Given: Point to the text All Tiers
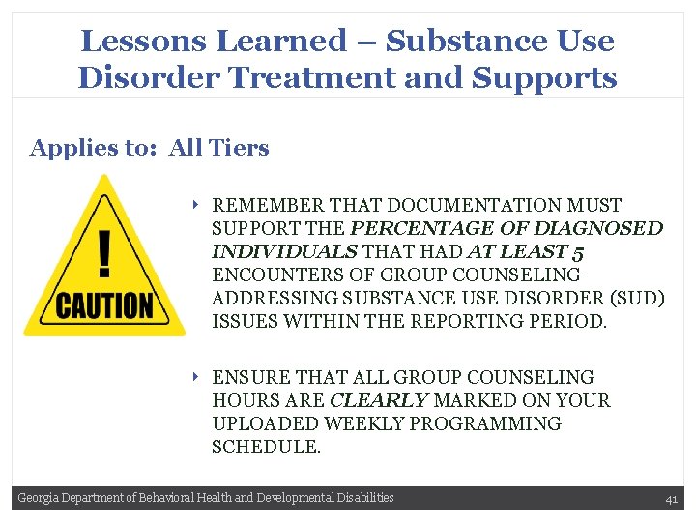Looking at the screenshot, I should click(218, 148).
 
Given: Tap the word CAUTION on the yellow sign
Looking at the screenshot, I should click(104, 306).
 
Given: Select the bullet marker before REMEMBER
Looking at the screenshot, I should click(195, 205).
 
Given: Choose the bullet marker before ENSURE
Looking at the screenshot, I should click(195, 377).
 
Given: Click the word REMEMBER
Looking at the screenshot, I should click(268, 205).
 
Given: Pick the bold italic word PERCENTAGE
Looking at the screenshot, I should click(429, 229).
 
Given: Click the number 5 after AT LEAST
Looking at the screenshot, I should click(576, 252).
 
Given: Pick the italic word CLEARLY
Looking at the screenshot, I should click(379, 400).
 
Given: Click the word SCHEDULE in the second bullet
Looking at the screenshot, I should click(264, 447).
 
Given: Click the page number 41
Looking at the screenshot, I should click(671, 499).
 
